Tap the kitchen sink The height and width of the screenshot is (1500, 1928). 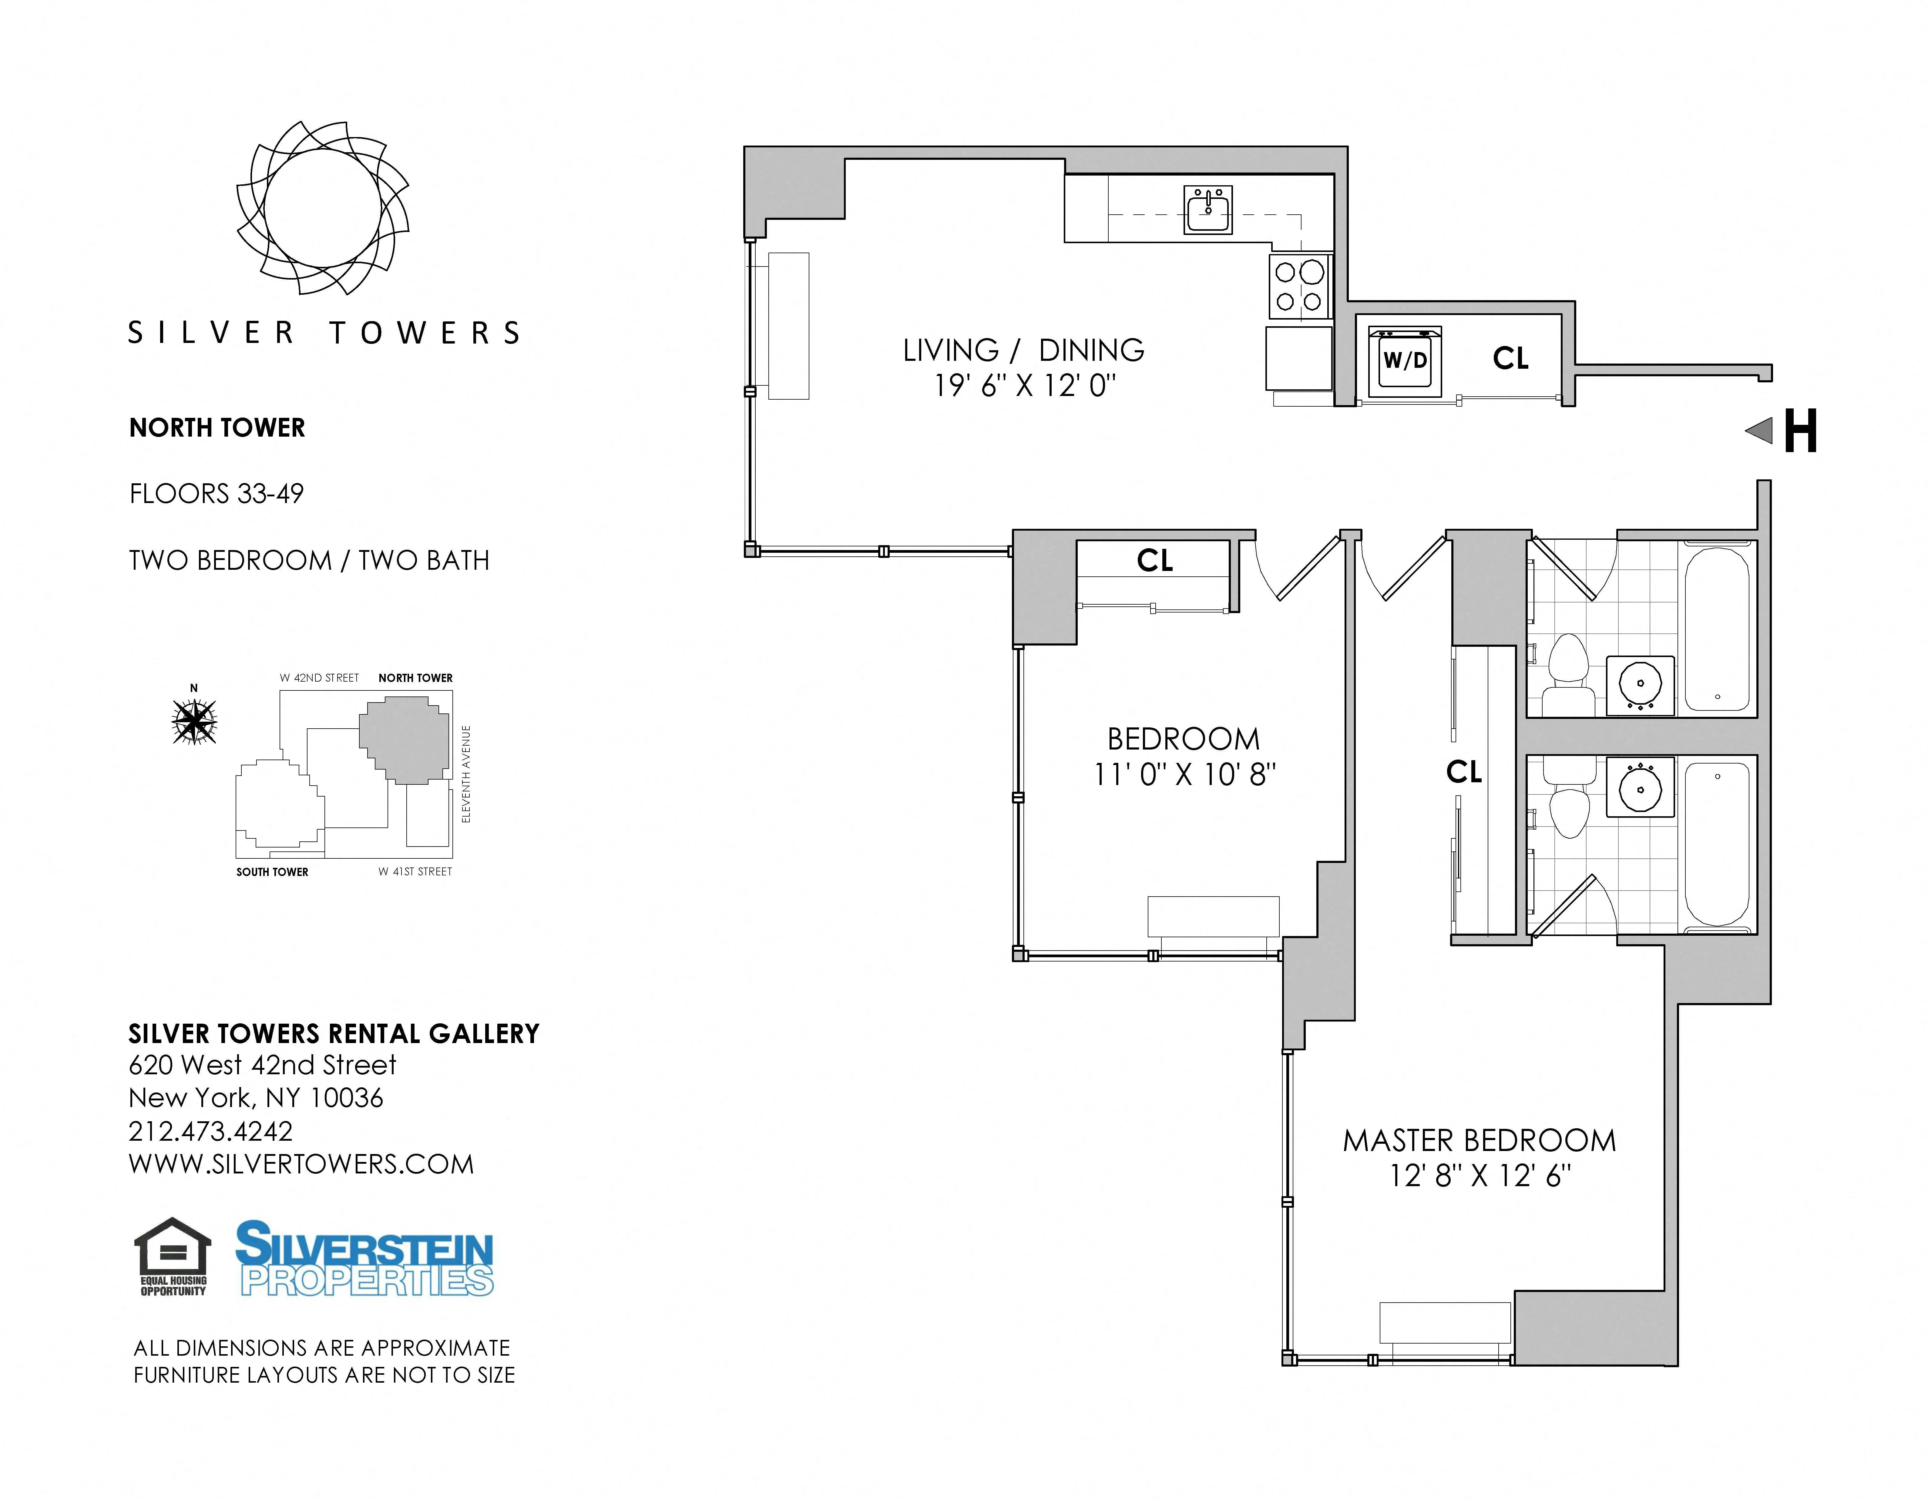coord(1208,210)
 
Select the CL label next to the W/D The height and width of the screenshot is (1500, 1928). coord(1510,358)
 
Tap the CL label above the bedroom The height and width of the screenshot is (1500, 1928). coord(1155,561)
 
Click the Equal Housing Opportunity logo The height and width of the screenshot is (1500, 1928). coord(173,1257)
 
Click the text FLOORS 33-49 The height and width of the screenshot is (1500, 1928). coord(216,494)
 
